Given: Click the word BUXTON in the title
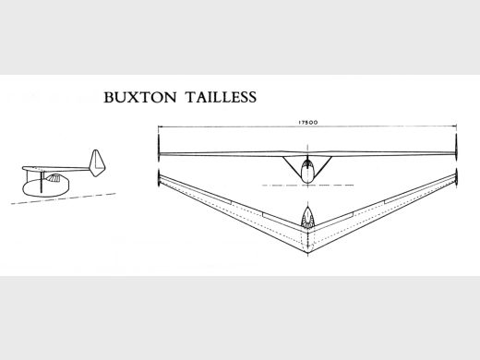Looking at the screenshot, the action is coord(140,97).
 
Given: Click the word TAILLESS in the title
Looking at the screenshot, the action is coord(221,97).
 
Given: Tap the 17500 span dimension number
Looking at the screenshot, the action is coord(307,122).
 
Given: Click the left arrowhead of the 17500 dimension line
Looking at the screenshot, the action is coord(160,126).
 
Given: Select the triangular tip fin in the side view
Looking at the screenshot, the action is coord(97,163).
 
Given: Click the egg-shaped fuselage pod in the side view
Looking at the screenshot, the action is coord(46,186).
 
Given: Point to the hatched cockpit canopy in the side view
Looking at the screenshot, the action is coord(53,178).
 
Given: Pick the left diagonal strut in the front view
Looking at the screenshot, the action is coord(292,169).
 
